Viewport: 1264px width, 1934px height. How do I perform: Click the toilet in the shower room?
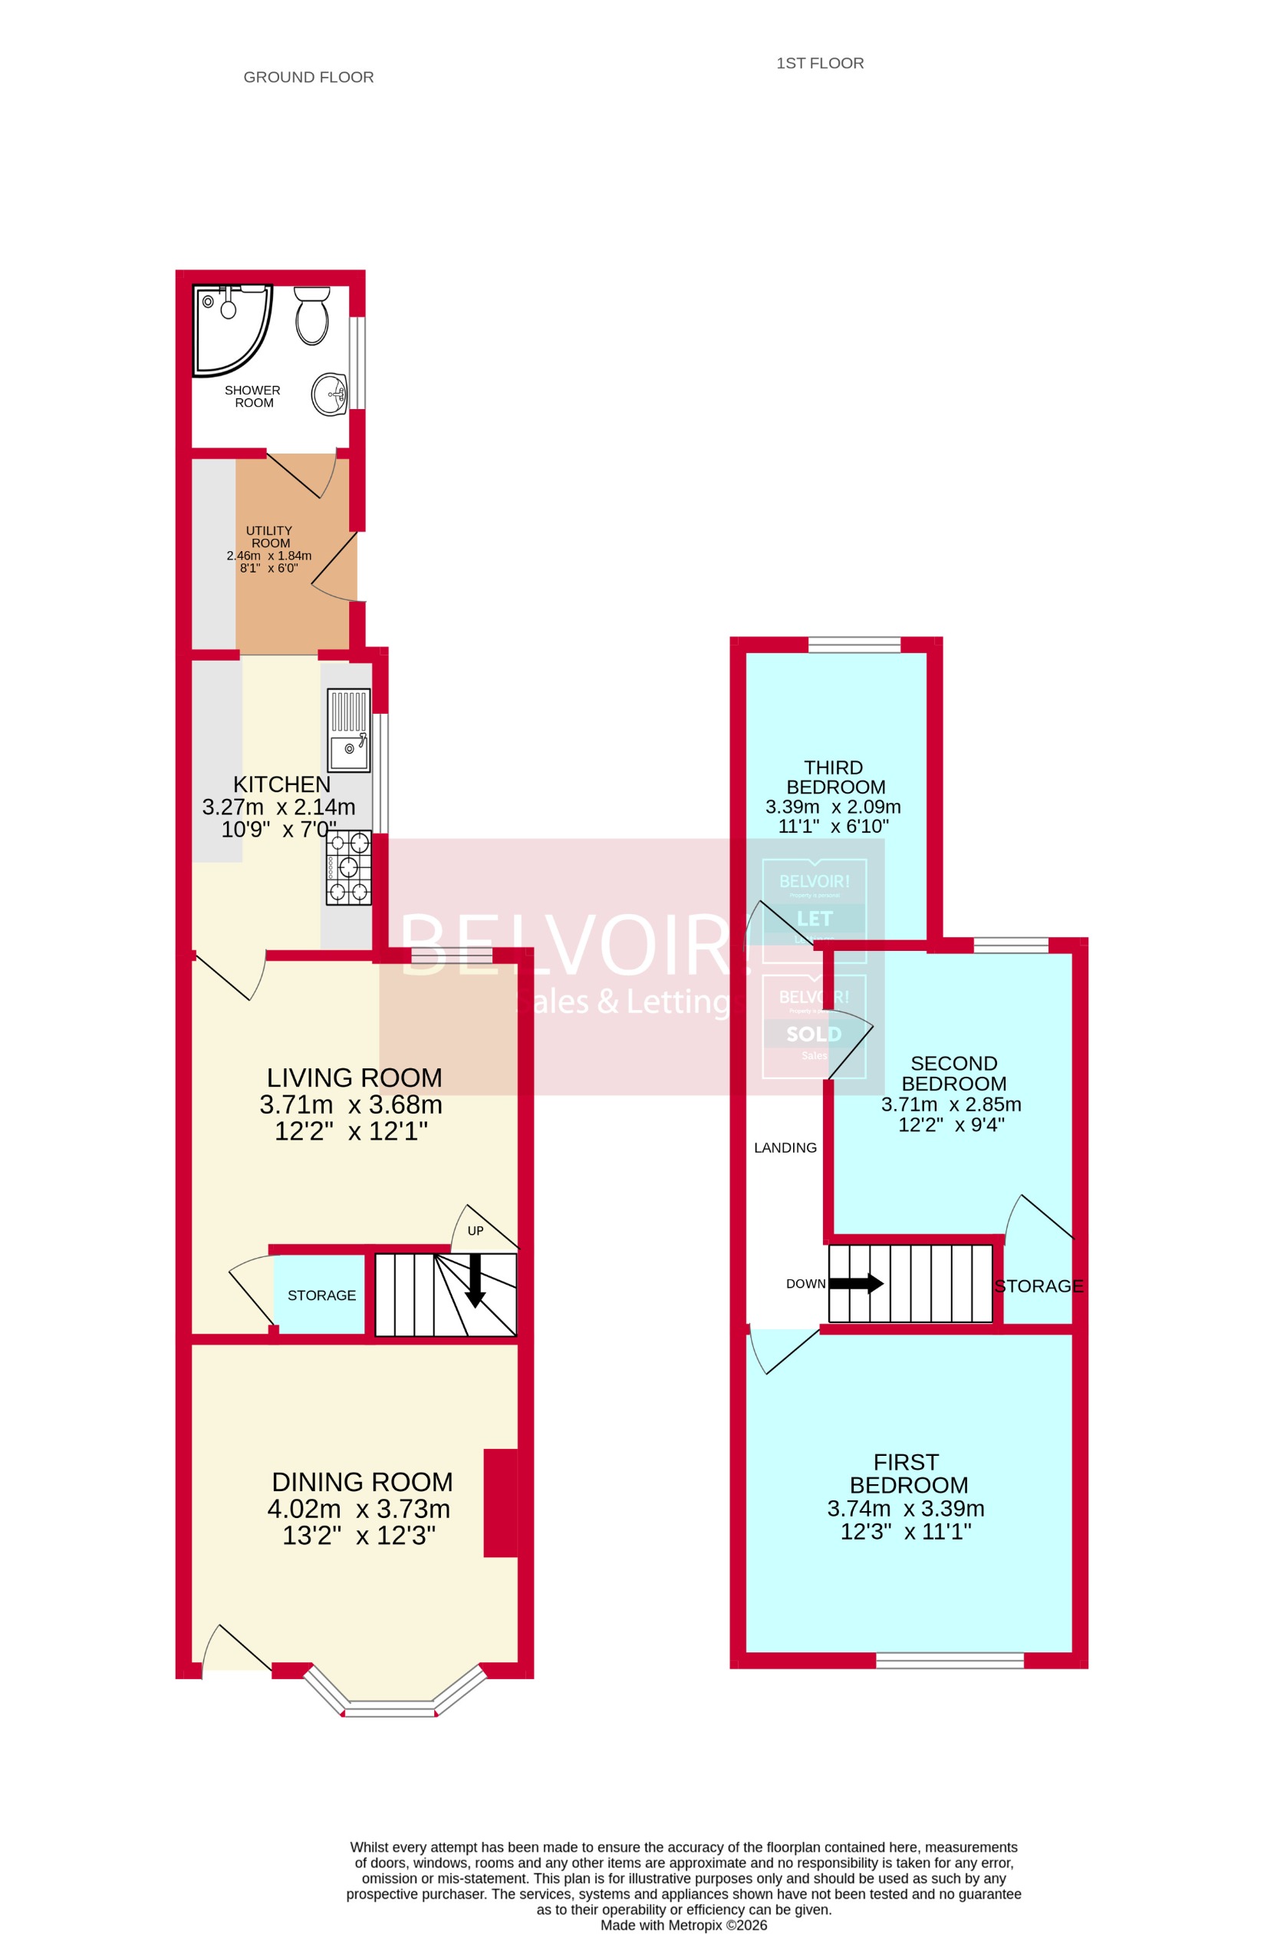point(312,315)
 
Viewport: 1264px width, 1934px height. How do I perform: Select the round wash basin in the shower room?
point(329,394)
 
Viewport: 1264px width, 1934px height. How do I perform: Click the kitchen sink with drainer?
point(348,730)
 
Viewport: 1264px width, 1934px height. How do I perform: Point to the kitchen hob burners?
point(348,868)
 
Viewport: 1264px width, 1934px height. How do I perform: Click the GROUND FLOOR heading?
point(308,78)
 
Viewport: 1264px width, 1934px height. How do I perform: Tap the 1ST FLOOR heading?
point(820,64)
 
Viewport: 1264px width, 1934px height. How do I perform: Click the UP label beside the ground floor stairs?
point(476,1231)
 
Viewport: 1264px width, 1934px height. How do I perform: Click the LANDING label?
point(785,1147)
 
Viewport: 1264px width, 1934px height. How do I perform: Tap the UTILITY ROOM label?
point(269,536)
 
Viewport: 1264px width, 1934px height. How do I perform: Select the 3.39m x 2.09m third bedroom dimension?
point(833,807)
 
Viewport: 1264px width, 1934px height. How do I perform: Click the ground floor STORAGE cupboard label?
point(321,1295)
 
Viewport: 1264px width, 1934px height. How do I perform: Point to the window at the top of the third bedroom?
point(854,645)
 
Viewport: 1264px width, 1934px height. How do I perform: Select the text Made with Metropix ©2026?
point(683,1925)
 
